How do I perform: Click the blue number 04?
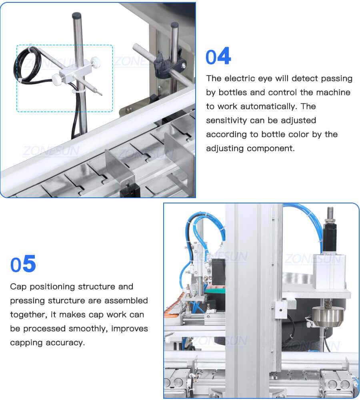(218, 57)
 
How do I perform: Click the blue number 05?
(23, 265)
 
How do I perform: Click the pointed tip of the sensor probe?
(100, 94)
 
